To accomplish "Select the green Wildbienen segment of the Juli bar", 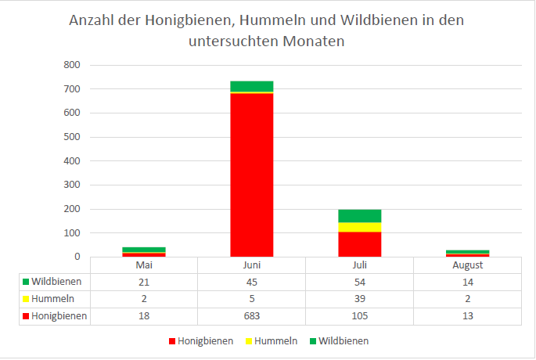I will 359,216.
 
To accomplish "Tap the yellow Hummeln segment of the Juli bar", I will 359,227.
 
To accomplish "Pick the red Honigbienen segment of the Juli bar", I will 359,244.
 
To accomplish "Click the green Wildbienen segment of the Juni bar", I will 251,86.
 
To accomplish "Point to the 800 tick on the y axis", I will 71,65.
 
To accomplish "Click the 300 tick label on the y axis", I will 71,185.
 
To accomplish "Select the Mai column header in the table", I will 143,265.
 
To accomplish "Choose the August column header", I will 467,265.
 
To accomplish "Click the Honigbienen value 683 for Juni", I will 251,316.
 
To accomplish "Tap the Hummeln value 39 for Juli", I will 359,299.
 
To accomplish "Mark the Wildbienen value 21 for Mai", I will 143,282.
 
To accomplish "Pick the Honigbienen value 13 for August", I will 467,316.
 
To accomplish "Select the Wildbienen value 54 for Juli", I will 359,282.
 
